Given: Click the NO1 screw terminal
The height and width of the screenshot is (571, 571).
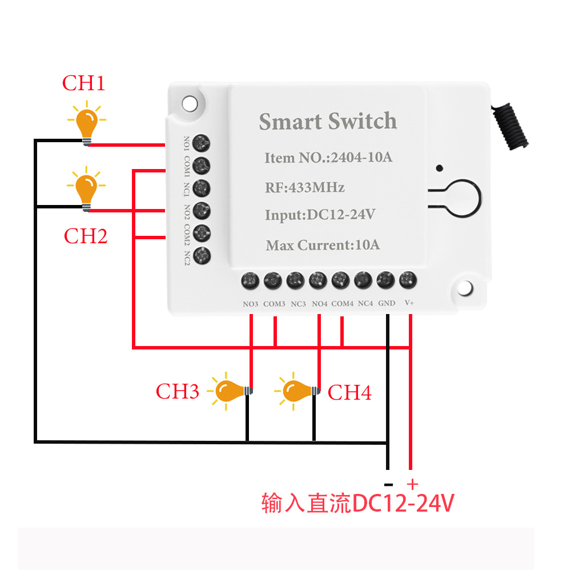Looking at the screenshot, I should (x=201, y=143).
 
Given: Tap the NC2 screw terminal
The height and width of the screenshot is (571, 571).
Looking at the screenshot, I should (x=201, y=255).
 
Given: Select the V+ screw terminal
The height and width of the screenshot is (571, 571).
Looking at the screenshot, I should (x=407, y=279).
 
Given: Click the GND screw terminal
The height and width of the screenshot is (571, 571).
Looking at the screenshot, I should (x=385, y=280).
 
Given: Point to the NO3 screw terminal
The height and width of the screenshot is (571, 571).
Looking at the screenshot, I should (x=250, y=280).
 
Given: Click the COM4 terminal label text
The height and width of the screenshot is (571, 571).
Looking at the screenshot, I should (x=342, y=303).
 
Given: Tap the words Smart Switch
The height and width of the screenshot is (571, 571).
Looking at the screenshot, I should (x=328, y=122).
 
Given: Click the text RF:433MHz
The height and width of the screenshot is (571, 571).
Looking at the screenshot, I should (x=304, y=187).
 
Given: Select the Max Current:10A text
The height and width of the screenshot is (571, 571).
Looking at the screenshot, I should (x=323, y=246).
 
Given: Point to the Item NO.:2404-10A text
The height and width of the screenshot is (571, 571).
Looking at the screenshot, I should (x=328, y=158).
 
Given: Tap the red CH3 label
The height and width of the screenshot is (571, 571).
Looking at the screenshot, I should (x=177, y=392).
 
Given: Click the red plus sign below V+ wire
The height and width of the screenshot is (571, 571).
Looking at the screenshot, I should (x=412, y=481).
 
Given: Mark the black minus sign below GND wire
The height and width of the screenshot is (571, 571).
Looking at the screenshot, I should (x=388, y=482).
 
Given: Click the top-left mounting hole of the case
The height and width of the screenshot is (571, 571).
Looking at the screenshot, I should (x=188, y=103).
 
